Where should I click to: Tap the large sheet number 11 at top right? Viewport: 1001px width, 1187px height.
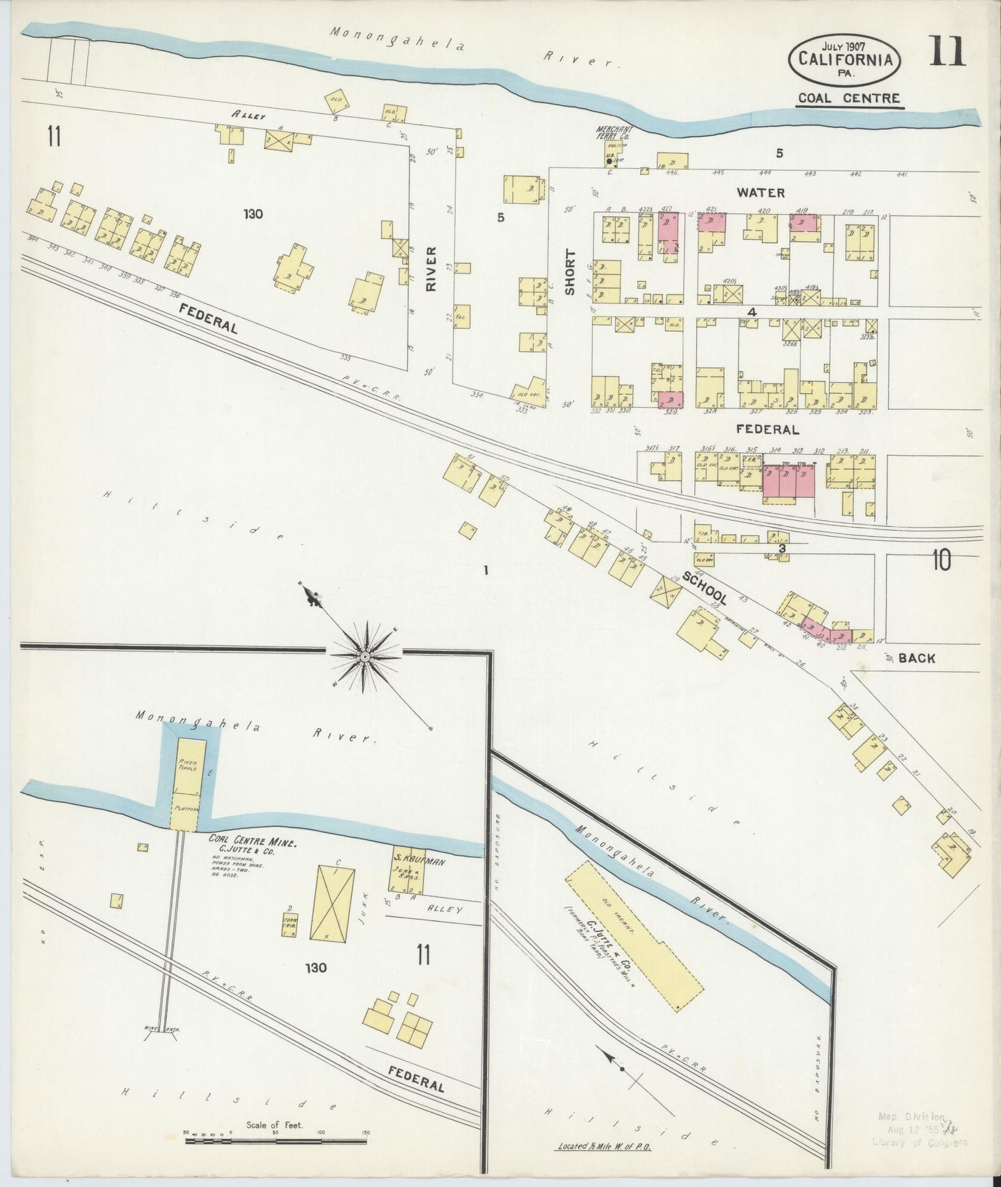tap(947, 52)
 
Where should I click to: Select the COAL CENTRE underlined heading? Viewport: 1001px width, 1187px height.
tap(849, 98)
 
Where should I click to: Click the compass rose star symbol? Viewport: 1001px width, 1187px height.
tap(365, 655)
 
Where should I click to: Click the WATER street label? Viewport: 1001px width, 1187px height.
tap(760, 193)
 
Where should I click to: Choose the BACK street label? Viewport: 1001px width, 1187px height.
tap(916, 658)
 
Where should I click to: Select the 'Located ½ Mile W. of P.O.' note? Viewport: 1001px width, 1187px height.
tap(605, 1145)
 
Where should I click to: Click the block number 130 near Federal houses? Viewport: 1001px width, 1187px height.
tap(253, 215)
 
